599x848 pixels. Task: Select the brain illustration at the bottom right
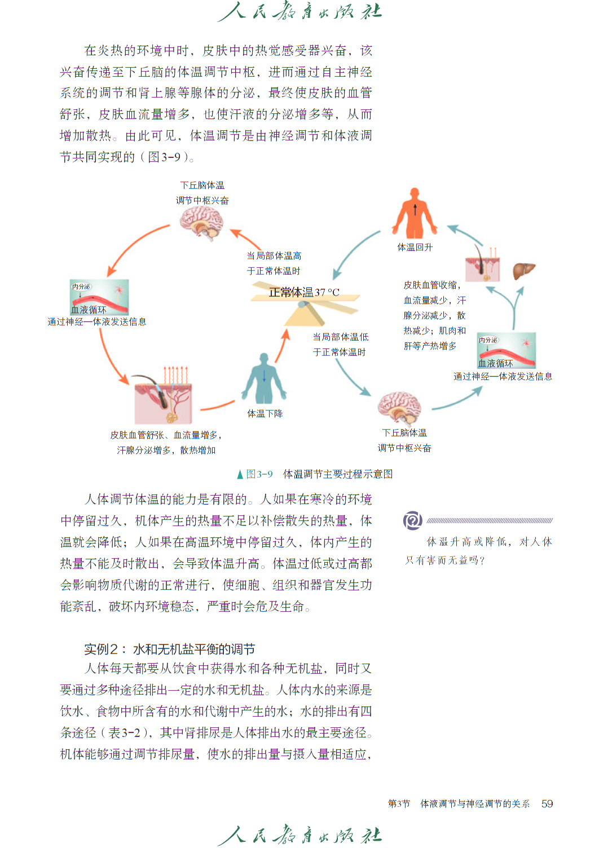point(399,408)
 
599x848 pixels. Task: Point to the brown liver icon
point(524,271)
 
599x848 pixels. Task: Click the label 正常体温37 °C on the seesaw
point(304,292)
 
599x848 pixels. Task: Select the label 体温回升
point(415,247)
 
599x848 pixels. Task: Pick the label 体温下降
point(265,413)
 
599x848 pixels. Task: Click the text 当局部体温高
point(274,256)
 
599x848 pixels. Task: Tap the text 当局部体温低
point(341,337)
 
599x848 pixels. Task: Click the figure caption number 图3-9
point(259,474)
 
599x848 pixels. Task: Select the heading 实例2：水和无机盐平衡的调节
point(170,649)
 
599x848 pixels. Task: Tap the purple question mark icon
point(413,520)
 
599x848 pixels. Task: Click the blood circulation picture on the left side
point(99,297)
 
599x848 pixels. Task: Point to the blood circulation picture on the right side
point(506,351)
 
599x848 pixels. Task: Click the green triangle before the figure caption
point(240,474)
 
